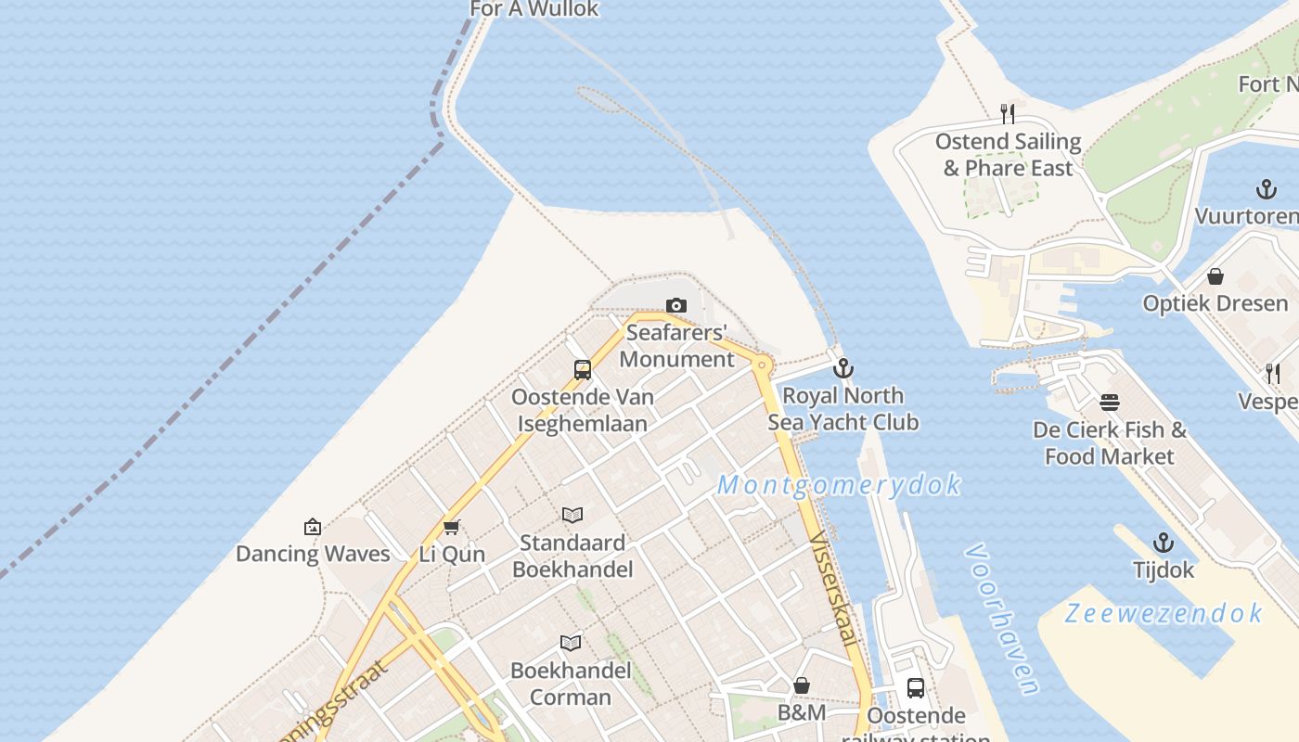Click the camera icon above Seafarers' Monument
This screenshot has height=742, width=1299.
pyautogui.click(x=676, y=305)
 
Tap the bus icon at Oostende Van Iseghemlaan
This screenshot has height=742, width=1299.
pyautogui.click(x=583, y=370)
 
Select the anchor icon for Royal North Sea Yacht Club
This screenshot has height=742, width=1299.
pyautogui.click(x=842, y=368)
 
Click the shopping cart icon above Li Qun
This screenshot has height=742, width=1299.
pyautogui.click(x=452, y=527)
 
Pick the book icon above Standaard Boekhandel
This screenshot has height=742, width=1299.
pyautogui.click(x=572, y=515)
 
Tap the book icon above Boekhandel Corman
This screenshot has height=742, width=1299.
pyautogui.click(x=571, y=643)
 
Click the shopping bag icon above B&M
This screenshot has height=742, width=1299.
pyautogui.click(x=802, y=685)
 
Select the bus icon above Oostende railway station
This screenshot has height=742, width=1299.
pyautogui.click(x=916, y=688)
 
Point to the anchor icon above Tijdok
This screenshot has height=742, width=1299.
pyautogui.click(x=1164, y=543)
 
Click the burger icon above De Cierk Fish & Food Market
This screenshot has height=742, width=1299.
pyautogui.click(x=1110, y=403)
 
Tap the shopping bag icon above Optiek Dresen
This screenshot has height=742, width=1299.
pyautogui.click(x=1215, y=276)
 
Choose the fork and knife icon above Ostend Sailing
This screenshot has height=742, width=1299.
pyautogui.click(x=1008, y=114)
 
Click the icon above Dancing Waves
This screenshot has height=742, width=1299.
pyautogui.click(x=313, y=527)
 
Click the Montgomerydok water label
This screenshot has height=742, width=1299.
pyautogui.click(x=839, y=485)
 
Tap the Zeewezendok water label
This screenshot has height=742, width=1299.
pyautogui.click(x=1164, y=613)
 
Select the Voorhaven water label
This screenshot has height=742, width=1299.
pyautogui.click(x=1001, y=619)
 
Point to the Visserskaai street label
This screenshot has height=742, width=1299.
pyautogui.click(x=832, y=590)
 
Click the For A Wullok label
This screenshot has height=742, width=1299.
pyautogui.click(x=534, y=9)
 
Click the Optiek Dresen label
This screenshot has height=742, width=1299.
pyautogui.click(x=1215, y=303)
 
